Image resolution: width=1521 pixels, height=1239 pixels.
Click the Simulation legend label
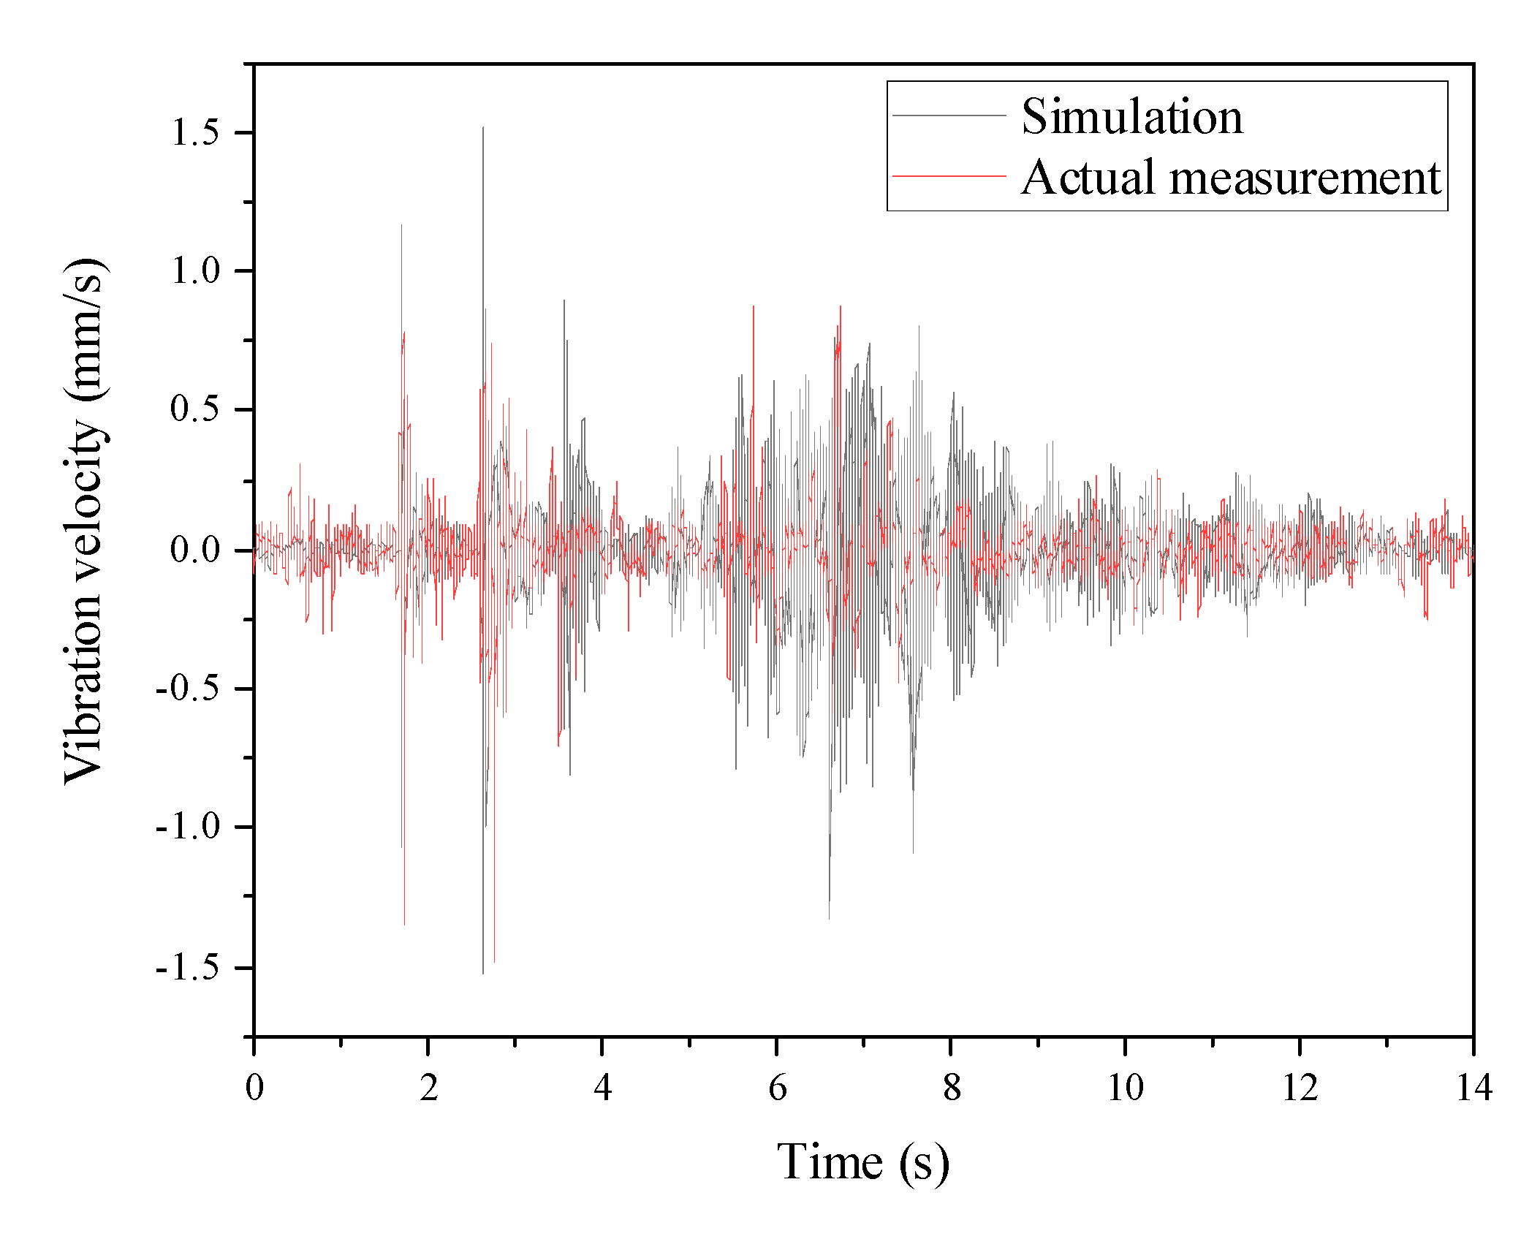pyautogui.click(x=1131, y=116)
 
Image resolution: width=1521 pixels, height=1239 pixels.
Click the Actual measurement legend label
pyautogui.click(x=1231, y=177)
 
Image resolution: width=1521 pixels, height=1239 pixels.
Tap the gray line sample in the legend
pyautogui.click(x=949, y=115)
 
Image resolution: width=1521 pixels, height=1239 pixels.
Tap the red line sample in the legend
pyautogui.click(x=949, y=176)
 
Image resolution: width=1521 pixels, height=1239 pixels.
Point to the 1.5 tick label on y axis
pyautogui.click(x=194, y=132)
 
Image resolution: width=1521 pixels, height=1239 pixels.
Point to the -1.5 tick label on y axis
pyautogui.click(x=187, y=967)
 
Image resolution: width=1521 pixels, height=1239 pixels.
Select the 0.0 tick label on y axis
pyautogui.click(x=194, y=550)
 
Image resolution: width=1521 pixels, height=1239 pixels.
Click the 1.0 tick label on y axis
pyautogui.click(x=194, y=270)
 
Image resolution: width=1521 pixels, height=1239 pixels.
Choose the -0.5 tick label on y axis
pyautogui.click(x=187, y=688)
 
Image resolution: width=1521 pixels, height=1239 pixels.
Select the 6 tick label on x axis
pyautogui.click(x=777, y=1088)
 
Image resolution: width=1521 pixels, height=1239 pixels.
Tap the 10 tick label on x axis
pyautogui.click(x=1125, y=1088)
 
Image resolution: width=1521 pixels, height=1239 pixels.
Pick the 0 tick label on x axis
pyautogui.click(x=254, y=1088)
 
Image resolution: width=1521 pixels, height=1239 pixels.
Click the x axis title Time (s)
pyautogui.click(x=863, y=1162)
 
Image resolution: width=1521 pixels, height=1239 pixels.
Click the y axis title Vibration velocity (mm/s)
pyautogui.click(x=85, y=521)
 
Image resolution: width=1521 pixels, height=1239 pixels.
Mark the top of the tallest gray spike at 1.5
pyautogui.click(x=482, y=128)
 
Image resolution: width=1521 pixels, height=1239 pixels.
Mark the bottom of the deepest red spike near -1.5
pyautogui.click(x=494, y=962)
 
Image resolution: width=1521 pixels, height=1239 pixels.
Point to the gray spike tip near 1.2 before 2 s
pyautogui.click(x=401, y=225)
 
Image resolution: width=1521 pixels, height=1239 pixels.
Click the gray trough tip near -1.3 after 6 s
pyautogui.click(x=829, y=919)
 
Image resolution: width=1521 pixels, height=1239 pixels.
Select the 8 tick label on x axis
pyautogui.click(x=951, y=1088)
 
